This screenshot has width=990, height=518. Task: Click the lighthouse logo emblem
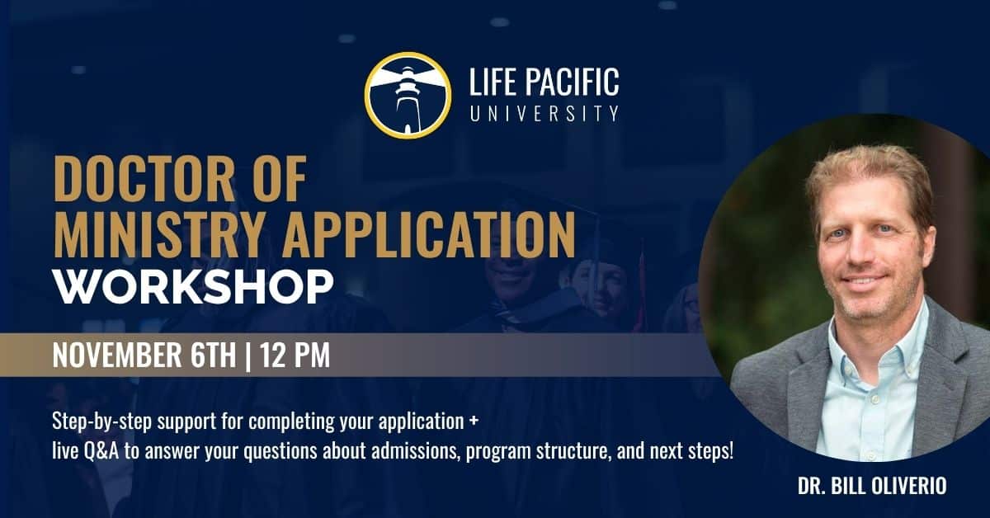pyautogui.click(x=408, y=95)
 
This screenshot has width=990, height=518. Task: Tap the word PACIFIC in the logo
pyautogui.click(x=572, y=82)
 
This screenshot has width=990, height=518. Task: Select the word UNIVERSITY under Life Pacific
pyautogui.click(x=544, y=113)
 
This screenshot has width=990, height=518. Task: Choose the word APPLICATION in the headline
pyautogui.click(x=429, y=235)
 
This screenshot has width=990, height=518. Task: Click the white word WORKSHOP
pyautogui.click(x=193, y=286)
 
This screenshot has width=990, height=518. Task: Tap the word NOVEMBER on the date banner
pyautogui.click(x=117, y=355)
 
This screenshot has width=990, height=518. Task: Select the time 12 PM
pyautogui.click(x=295, y=355)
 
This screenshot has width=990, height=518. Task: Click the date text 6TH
pyautogui.click(x=214, y=355)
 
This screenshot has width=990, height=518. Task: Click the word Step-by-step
pyautogui.click(x=102, y=421)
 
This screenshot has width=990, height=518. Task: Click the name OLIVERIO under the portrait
pyautogui.click(x=909, y=486)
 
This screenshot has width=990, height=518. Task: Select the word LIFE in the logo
pyautogui.click(x=492, y=82)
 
